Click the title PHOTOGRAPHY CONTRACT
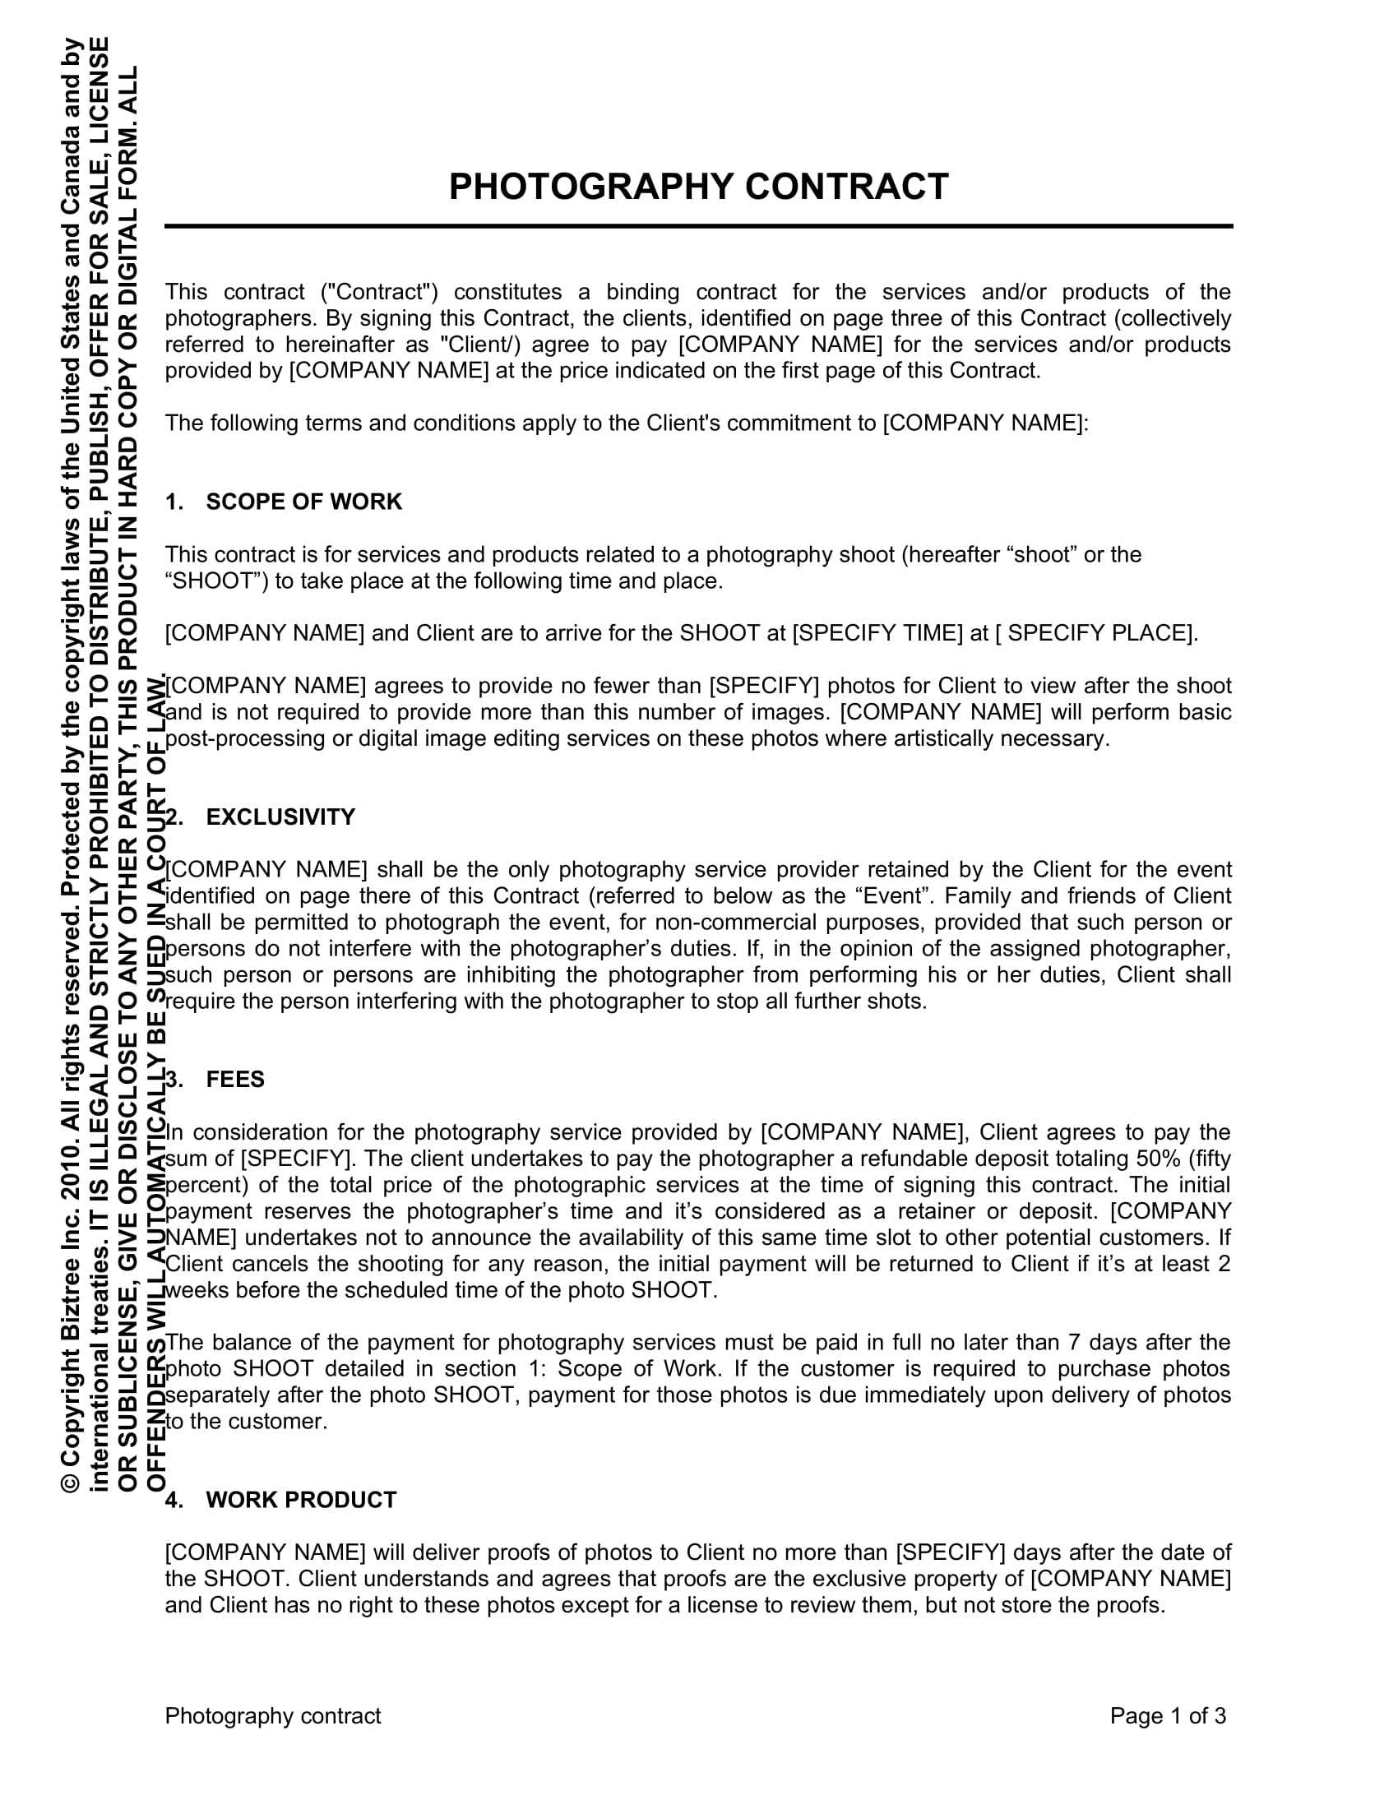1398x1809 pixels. (698, 187)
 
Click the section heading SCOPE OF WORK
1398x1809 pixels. (303, 502)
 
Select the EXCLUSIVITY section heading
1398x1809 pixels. (280, 817)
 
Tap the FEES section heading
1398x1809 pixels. (235, 1080)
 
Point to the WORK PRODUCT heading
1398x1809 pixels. (302, 1500)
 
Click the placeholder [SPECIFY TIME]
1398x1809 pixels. (879, 634)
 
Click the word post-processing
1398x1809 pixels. (245, 739)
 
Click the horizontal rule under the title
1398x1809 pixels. (698, 226)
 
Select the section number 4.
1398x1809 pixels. (173, 1500)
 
